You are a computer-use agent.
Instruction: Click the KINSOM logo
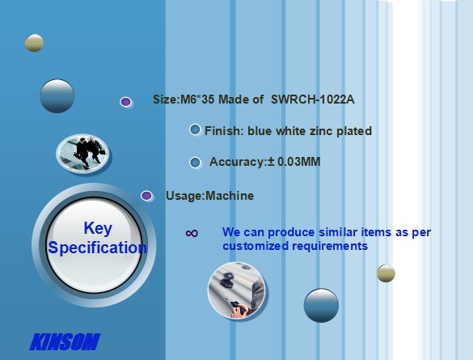pos(65,341)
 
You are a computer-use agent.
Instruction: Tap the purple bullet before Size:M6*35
pos(125,102)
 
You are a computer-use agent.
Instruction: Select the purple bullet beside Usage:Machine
pos(146,196)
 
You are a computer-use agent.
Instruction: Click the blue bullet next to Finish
pos(195,129)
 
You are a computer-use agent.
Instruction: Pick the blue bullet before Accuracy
pos(195,162)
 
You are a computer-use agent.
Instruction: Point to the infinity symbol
pos(192,233)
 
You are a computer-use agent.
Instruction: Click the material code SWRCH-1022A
pos(313,100)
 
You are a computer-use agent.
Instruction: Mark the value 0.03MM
pos(298,162)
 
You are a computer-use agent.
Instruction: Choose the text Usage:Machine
pos(210,196)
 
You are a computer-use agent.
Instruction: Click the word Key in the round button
pos(98,228)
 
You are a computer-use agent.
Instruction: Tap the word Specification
pos(98,248)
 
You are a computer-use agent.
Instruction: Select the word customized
pos(256,246)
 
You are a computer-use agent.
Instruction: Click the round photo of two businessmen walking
pos(82,154)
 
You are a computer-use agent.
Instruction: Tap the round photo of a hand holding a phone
pos(236,290)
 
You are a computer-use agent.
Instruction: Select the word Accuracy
pos(237,162)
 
